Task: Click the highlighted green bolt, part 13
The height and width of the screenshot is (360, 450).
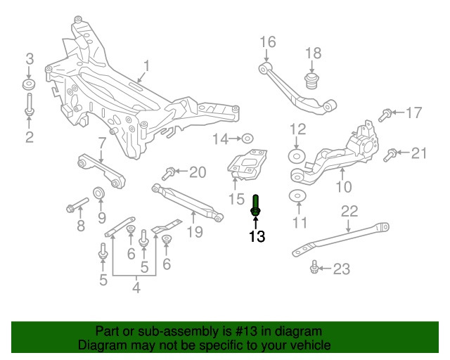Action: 257,206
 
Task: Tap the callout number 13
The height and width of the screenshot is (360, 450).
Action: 257,236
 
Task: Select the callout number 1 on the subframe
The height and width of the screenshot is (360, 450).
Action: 147,67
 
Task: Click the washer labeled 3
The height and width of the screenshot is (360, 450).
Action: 30,85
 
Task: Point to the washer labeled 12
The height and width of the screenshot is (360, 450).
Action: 297,155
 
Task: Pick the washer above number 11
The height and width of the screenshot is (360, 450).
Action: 297,196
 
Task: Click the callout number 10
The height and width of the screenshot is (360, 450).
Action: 343,187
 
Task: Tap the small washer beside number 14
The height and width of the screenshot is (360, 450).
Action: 247,138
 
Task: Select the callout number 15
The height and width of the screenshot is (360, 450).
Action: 236,200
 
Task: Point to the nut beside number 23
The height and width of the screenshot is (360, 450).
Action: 315,266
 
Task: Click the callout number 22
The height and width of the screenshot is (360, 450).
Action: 349,210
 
